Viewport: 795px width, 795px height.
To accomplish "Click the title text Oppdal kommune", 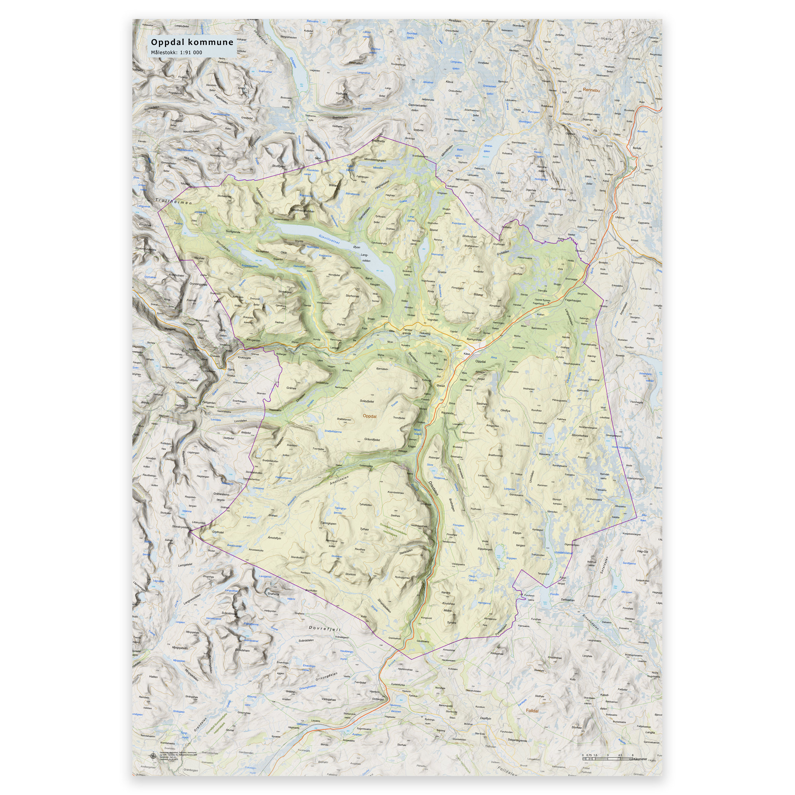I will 192,42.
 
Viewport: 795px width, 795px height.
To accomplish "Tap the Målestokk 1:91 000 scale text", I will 177,52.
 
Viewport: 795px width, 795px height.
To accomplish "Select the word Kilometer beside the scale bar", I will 640,759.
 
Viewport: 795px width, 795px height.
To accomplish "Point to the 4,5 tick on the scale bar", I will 620,755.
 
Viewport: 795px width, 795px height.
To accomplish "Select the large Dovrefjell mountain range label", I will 325,629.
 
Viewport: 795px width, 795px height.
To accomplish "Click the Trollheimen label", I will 173,202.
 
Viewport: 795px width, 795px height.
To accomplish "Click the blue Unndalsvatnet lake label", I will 563,553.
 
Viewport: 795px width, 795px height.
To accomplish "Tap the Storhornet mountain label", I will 352,296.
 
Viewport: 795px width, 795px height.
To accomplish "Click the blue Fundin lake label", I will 555,594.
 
